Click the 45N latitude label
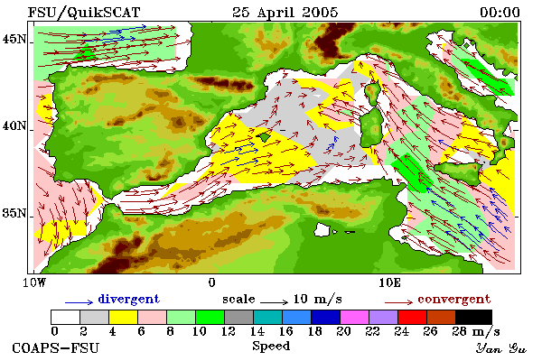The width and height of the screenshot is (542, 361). click(14, 40)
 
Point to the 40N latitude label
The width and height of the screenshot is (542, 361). click(14, 125)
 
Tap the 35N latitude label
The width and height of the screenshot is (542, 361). click(14, 213)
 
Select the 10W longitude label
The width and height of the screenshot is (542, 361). click(34, 282)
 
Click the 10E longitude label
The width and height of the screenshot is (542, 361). click(389, 282)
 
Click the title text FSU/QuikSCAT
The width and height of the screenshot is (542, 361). click(84, 13)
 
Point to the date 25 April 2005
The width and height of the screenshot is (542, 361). click(285, 13)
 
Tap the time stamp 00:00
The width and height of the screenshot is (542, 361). click(500, 13)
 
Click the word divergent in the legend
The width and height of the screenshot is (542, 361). click(129, 299)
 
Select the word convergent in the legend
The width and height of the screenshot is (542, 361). click(453, 299)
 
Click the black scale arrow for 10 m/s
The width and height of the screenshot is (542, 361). click(274, 302)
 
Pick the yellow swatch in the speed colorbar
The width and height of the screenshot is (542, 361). click(123, 317)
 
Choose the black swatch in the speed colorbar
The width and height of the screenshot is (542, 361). click(473, 317)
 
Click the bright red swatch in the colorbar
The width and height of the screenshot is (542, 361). click(412, 317)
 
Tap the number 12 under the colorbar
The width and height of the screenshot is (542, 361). click(229, 331)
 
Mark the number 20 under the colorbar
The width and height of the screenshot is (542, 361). click(343, 331)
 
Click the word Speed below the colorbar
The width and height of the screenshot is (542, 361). click(271, 346)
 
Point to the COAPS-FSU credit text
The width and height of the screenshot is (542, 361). click(56, 347)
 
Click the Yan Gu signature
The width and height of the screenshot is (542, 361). click(501, 348)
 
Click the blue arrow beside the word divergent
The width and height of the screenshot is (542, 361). click(79, 302)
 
